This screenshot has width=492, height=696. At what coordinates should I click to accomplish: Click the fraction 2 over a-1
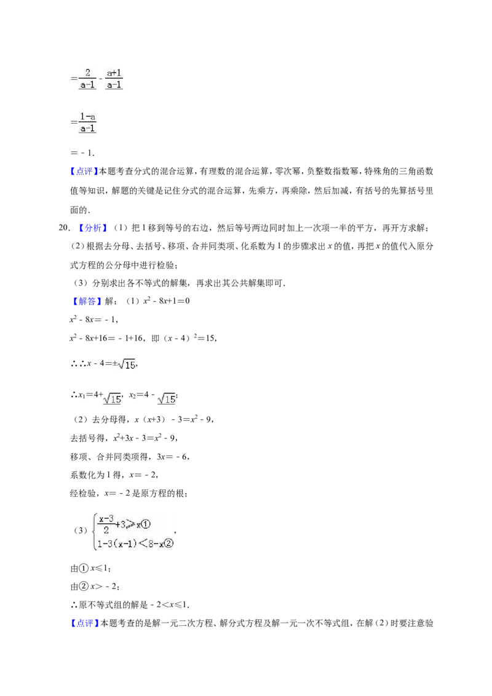87,79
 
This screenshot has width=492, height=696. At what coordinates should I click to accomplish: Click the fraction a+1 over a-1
114,79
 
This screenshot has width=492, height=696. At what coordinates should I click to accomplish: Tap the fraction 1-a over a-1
87,123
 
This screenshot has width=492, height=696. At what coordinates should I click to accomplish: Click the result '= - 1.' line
82,153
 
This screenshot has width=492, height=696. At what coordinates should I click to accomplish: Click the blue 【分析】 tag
92,227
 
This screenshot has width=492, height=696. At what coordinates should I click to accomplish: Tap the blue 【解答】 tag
86,301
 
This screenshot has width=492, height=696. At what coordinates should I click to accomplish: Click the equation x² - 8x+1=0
166,301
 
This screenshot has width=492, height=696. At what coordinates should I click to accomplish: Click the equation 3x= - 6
173,457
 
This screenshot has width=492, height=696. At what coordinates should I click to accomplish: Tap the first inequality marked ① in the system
124,524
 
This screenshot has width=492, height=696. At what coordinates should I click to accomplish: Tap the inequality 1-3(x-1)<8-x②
135,544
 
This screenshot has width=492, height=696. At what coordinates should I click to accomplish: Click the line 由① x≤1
90,568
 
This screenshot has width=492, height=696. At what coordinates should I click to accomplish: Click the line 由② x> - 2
95,587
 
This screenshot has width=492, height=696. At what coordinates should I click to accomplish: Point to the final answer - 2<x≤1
169,605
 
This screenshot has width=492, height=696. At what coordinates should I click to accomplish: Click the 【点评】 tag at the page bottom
84,623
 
